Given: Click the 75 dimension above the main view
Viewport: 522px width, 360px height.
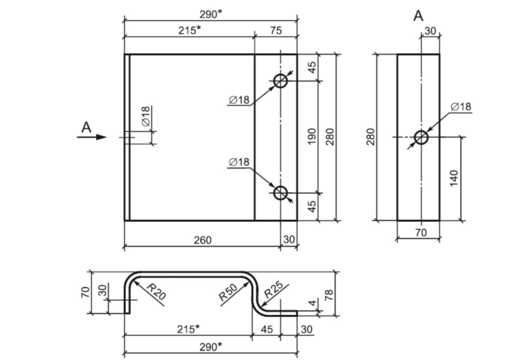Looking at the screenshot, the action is coord(276,30).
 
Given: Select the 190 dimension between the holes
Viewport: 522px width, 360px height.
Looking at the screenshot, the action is coord(312,136).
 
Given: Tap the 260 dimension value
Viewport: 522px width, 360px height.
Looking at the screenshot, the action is coord(202,240).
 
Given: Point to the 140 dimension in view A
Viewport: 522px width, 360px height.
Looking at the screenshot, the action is coord(454,178).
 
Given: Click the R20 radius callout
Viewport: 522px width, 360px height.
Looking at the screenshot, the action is coord(156,292).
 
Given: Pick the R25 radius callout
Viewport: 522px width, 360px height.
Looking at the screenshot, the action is coord(273,290).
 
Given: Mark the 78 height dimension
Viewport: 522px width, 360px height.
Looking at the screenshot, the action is coord(329,295).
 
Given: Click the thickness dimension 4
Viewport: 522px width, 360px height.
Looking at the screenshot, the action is coord(312,303).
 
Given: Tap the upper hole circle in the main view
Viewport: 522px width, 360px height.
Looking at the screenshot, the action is coord(281,81).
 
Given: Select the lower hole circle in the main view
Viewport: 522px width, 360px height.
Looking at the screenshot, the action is coord(281,192).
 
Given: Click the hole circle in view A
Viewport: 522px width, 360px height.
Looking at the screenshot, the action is coord(421,137).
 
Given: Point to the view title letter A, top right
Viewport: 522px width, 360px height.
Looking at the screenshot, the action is coord(418,16).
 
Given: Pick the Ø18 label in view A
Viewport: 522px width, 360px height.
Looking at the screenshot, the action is coord(461,106).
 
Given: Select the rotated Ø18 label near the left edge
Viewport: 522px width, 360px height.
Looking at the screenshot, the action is coord(146,116).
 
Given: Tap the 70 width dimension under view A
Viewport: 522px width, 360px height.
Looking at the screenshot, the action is coord(421,232).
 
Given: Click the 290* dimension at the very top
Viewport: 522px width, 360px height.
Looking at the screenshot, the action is coord(211,14).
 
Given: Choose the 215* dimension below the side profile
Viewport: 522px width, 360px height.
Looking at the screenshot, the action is coord(188,329).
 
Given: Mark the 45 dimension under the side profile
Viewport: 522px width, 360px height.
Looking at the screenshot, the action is coord(267,329).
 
